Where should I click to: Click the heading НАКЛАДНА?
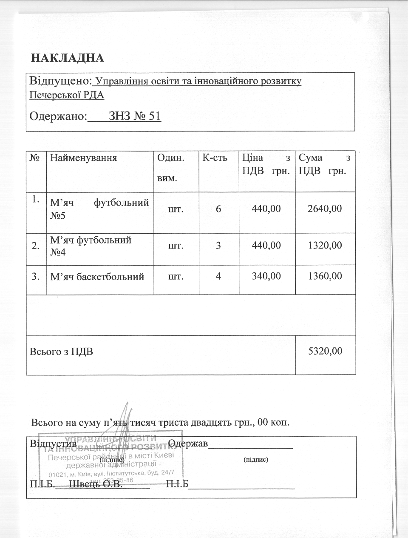pyautogui.click(x=68, y=58)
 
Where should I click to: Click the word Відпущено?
pyautogui.click(x=59, y=80)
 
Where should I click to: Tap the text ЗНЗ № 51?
pyautogui.click(x=135, y=116)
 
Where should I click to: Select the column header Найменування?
pyautogui.click(x=83, y=158)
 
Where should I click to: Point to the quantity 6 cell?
pyautogui.click(x=218, y=209)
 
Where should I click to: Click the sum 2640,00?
pyautogui.click(x=325, y=209)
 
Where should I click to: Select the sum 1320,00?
pyautogui.click(x=325, y=246)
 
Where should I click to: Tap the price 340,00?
pyautogui.click(x=266, y=276)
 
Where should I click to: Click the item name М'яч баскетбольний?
pyautogui.click(x=97, y=277)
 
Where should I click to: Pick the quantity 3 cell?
pyautogui.click(x=218, y=246)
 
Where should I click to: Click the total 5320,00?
pyautogui.click(x=325, y=351)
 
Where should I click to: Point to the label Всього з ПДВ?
pyautogui.click(x=61, y=352)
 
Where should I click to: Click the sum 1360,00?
pyautogui.click(x=325, y=276)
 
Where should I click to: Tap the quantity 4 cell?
pyautogui.click(x=218, y=276)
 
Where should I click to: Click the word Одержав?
pyautogui.click(x=188, y=444)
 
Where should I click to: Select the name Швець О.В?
pyautogui.click(x=95, y=484)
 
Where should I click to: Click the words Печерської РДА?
pyautogui.click(x=67, y=95)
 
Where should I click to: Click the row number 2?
pyautogui.click(x=36, y=246)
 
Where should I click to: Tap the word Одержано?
pyautogui.click(x=58, y=116)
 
